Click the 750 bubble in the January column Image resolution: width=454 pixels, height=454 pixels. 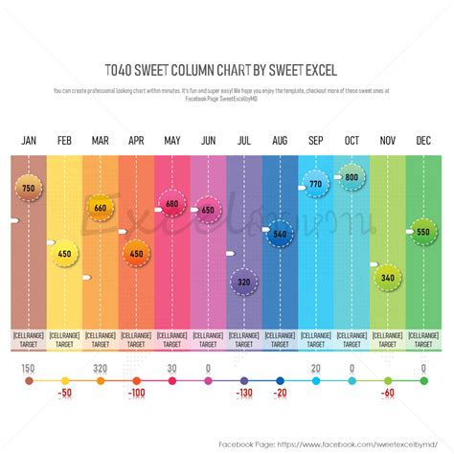tap(29, 189)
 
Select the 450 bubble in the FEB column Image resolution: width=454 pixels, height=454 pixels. tap(64, 254)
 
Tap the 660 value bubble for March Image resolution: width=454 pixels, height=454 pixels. tap(101, 207)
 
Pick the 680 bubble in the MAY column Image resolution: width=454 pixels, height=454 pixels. tap(172, 204)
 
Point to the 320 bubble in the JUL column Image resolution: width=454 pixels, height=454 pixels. tap(244, 283)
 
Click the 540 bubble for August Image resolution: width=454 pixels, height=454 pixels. tap(280, 234)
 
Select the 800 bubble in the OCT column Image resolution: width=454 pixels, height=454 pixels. tap(352, 178)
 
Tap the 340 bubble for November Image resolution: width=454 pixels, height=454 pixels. tap(387, 278)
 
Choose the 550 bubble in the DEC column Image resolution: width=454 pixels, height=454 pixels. tap(423, 233)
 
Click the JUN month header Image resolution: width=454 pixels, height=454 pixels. tap(208, 141)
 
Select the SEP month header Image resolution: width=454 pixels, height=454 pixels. tap(315, 141)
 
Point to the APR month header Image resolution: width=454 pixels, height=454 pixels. tap(136, 141)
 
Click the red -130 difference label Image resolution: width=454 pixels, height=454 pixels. tap(244, 394)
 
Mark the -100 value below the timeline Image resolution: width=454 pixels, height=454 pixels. tap(136, 394)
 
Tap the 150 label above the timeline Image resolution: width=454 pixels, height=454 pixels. tap(29, 369)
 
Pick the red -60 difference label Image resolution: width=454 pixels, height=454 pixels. tap(387, 394)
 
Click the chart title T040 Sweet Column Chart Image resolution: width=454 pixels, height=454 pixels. tap(226, 70)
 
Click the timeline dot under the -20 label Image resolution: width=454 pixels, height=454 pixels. tap(280, 381)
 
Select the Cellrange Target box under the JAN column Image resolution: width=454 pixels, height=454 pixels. tap(29, 339)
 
